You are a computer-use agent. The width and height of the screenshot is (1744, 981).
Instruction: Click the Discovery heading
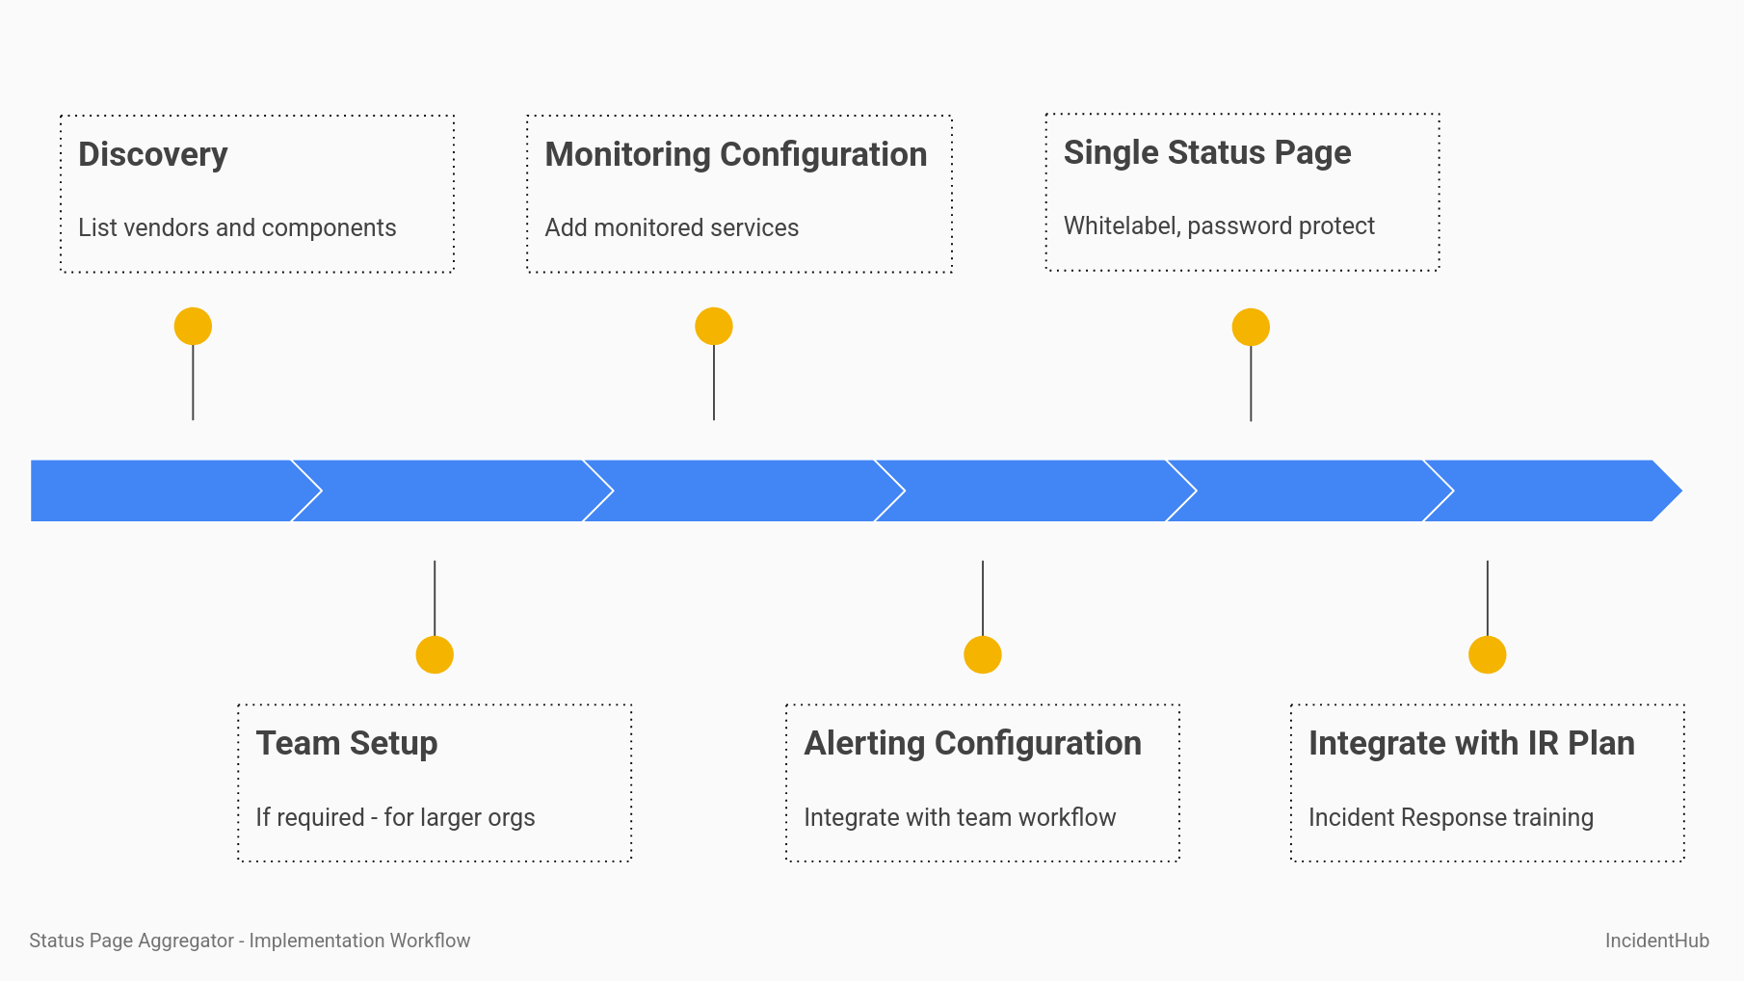coord(152,154)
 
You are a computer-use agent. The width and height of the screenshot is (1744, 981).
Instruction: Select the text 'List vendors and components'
coord(237,227)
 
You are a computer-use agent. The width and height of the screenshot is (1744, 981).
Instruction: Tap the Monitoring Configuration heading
coord(735,154)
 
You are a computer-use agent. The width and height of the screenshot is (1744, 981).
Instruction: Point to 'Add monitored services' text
coord(672,227)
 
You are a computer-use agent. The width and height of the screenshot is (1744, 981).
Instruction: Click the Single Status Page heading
coord(1206,152)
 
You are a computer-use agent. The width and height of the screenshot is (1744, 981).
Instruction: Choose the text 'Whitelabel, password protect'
coord(1219,225)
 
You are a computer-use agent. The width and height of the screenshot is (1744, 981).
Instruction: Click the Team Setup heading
coord(346,743)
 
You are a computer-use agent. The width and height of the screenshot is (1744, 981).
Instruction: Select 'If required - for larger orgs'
coord(395,817)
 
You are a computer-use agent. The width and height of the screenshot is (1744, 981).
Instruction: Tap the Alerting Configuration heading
coord(972,743)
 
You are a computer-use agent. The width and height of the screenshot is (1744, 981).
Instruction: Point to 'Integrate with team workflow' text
coord(960,817)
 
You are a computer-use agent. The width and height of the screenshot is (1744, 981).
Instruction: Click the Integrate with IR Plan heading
coord(1471,743)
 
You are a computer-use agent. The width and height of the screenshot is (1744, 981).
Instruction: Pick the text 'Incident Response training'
coord(1450,817)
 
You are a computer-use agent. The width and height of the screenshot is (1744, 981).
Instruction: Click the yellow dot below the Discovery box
coord(193,326)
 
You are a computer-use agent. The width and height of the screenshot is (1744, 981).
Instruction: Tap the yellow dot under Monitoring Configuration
coord(714,326)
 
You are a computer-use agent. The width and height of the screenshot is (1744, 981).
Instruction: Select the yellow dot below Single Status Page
coord(1251,327)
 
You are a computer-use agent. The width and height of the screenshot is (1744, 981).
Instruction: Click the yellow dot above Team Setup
coord(435,654)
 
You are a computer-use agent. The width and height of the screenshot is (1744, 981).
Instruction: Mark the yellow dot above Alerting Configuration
coord(983,654)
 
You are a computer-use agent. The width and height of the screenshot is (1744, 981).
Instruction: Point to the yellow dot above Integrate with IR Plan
coord(1488,654)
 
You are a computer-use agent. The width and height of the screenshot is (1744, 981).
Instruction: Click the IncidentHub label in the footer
coord(1656,941)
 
